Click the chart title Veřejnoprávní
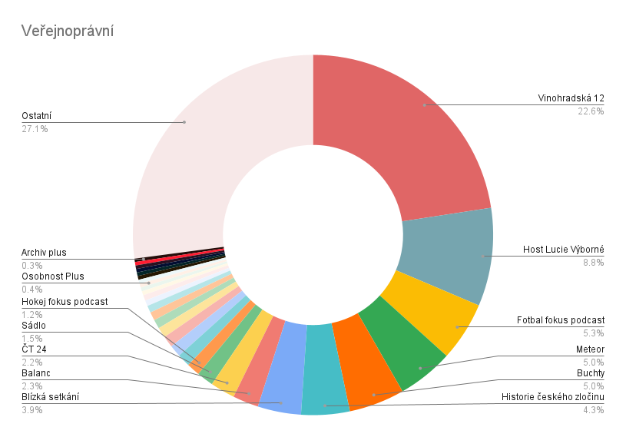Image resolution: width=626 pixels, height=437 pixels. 68,31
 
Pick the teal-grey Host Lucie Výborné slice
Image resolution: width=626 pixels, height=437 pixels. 453,253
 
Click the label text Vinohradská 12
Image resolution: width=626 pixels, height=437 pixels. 571,98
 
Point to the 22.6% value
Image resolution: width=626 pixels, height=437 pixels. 591,111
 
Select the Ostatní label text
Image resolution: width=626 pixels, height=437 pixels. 37,116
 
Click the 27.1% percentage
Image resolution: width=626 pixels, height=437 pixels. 35,129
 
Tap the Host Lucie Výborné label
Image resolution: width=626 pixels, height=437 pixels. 563,250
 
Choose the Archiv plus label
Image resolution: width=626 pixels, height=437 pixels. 43,253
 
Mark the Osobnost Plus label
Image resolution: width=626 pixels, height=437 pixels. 52,276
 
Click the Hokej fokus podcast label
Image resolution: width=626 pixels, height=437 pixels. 65,302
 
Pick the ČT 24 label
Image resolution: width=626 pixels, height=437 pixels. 35,349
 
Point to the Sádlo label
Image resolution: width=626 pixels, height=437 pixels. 34,326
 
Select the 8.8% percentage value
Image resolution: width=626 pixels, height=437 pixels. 594,263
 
